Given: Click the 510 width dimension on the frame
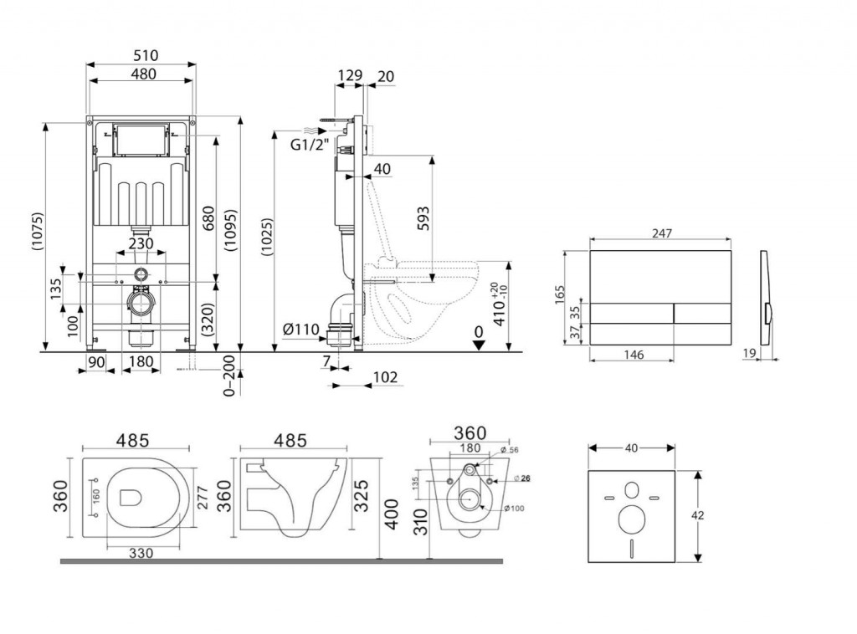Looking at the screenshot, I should pos(142,56).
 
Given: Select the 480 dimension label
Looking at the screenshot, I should pos(142,74).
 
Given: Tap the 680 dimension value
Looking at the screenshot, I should pos(207,218).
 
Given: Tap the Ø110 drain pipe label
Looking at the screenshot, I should pos(301,330).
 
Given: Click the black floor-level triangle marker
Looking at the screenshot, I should pos(478,345).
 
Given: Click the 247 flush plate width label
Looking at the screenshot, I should pos(661,235).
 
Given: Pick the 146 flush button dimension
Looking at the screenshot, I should pos(634,355).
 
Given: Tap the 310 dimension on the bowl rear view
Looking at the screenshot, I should pos(420,525).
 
